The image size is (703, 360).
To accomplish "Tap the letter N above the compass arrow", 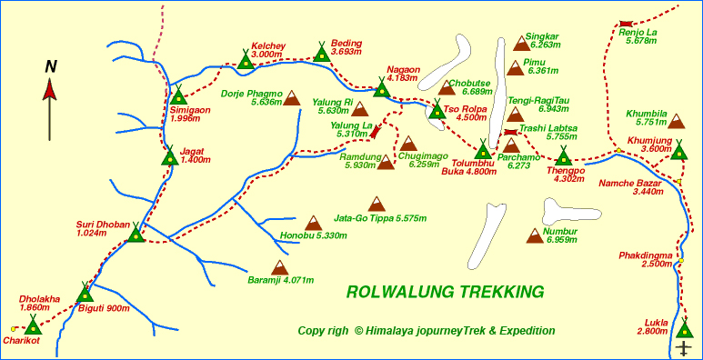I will (x=52, y=65).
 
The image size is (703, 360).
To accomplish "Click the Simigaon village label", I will (x=190, y=114).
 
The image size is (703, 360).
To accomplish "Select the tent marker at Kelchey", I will (x=246, y=60).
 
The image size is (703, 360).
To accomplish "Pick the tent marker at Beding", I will (x=320, y=53).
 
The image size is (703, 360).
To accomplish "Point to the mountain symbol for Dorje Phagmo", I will (x=292, y=97).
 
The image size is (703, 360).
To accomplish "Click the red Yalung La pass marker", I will (x=375, y=133).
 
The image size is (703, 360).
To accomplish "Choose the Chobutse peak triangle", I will (x=447, y=87).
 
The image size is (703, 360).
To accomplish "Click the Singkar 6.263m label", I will (x=543, y=41).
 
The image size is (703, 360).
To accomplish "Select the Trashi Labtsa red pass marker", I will (x=510, y=133).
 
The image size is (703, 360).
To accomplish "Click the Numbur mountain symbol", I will (x=536, y=235).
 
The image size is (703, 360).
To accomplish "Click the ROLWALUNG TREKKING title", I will (x=445, y=292).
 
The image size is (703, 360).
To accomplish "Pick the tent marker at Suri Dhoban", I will (x=136, y=234).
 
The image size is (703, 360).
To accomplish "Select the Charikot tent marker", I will (x=33, y=325).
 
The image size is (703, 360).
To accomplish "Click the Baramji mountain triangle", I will (x=280, y=267).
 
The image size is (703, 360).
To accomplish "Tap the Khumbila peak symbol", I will (x=677, y=120).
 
